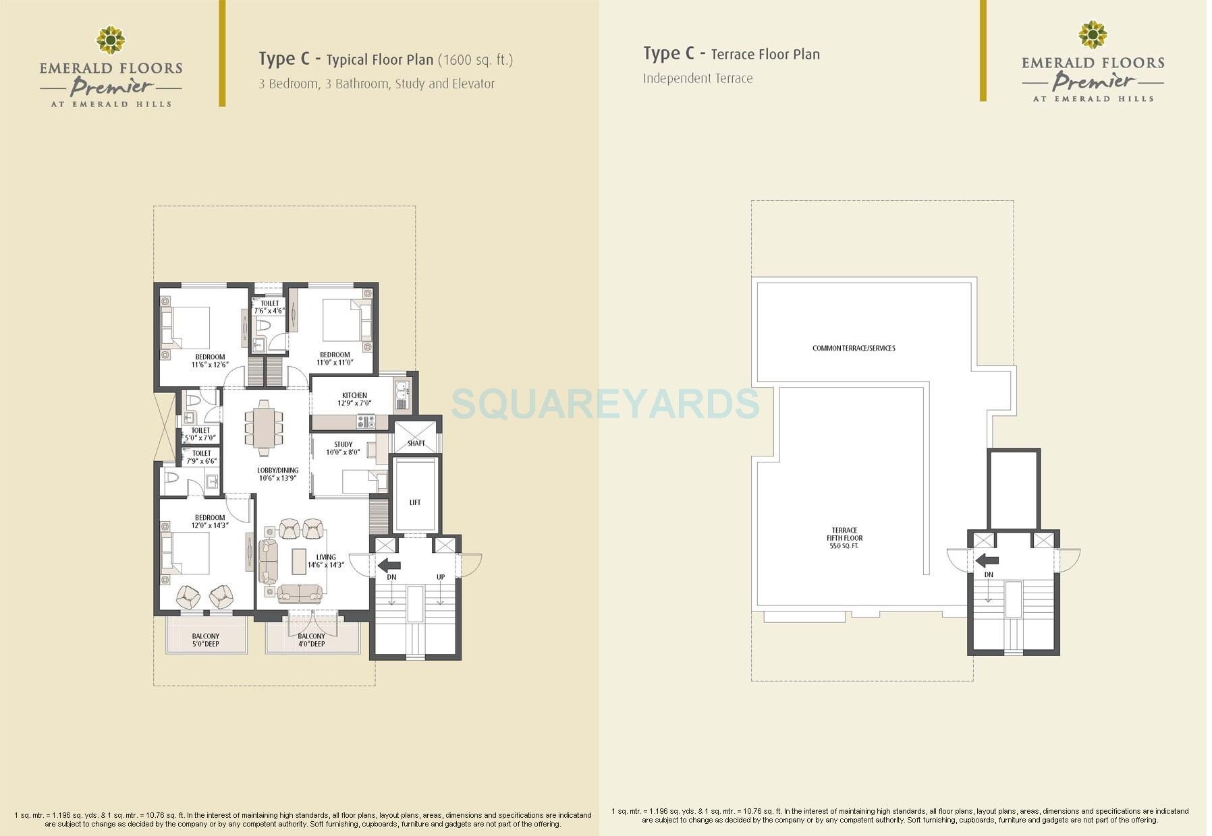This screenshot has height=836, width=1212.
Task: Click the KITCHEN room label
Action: click(x=354, y=396)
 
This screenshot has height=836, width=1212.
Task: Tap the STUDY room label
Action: click(x=343, y=445)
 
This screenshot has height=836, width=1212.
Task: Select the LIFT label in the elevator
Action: click(x=415, y=502)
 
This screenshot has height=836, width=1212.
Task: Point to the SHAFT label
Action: click(x=416, y=443)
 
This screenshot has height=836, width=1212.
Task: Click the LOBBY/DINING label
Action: click(x=277, y=471)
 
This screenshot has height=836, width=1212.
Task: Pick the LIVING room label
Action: click(x=326, y=558)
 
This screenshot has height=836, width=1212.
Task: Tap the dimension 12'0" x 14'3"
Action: click(x=210, y=526)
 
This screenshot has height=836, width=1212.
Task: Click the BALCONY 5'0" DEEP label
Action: click(x=206, y=640)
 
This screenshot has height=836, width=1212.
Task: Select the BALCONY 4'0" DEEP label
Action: click(x=312, y=640)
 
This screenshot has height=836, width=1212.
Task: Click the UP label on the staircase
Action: click(x=441, y=577)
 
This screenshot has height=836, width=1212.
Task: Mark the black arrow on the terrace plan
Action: click(x=987, y=560)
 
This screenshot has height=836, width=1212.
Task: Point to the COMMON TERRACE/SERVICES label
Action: click(x=854, y=349)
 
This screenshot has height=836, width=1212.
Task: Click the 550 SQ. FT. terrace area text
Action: click(x=844, y=546)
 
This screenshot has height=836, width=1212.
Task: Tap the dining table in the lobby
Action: click(x=264, y=427)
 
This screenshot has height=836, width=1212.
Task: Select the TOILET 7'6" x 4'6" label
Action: click(x=269, y=307)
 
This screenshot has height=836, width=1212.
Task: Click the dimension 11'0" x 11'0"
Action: click(x=335, y=363)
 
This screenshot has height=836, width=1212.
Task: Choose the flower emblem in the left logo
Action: click(x=110, y=40)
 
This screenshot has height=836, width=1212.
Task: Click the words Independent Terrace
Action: click(x=698, y=78)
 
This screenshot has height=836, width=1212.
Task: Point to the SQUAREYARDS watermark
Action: click(x=605, y=404)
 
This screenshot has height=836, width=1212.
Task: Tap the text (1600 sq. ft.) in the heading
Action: click(x=475, y=60)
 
